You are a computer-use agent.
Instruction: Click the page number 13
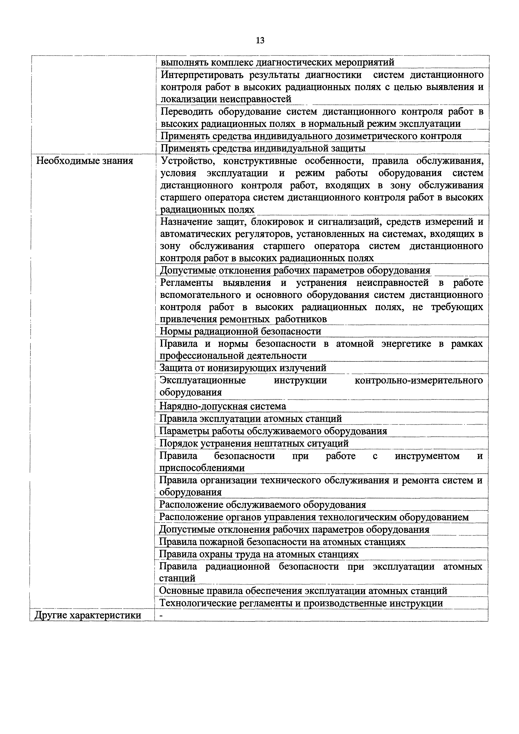point(260,41)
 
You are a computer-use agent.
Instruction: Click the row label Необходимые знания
point(85,161)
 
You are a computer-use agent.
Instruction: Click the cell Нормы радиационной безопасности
point(240,331)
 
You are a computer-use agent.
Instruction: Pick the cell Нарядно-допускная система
point(223,406)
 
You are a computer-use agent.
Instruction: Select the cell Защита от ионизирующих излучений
point(243,368)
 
